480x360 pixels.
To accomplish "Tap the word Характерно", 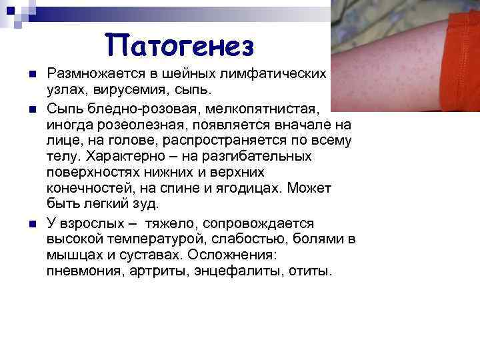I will (127, 157).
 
